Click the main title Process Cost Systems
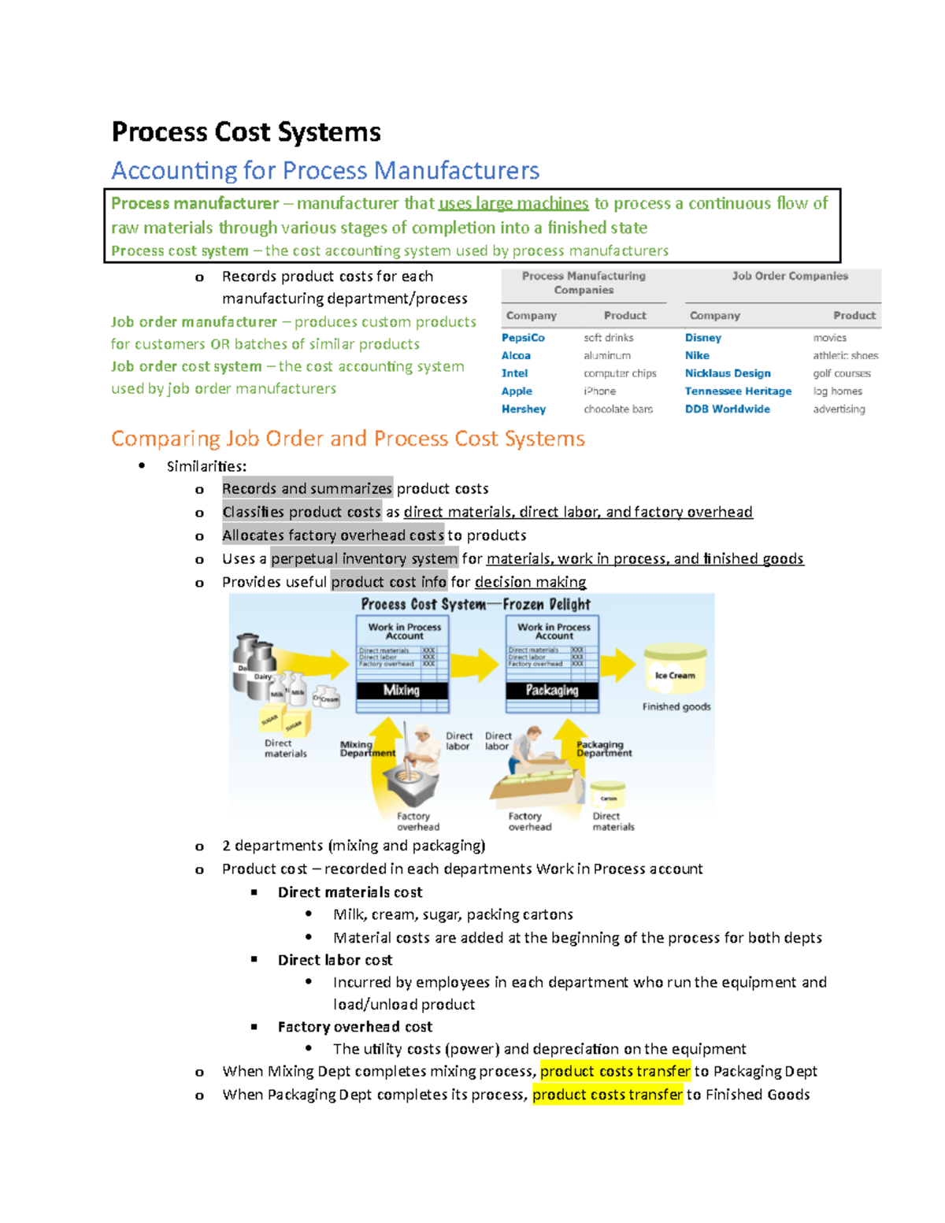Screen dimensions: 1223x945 [x=246, y=132]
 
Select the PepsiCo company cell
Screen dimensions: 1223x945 [x=523, y=338]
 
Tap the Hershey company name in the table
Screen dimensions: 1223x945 [x=524, y=410]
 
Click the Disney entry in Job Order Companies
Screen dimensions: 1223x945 [x=702, y=338]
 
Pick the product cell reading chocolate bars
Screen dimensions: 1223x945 [x=618, y=410]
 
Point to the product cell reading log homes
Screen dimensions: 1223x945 [x=837, y=391]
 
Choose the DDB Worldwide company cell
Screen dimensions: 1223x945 [x=727, y=410]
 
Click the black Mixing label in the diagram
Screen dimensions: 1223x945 [x=402, y=691]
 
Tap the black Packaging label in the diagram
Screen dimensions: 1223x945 [x=551, y=691]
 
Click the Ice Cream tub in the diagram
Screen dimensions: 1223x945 [x=675, y=669]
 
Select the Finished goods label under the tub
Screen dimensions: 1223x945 [x=676, y=707]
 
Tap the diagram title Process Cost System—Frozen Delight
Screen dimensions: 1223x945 [x=475, y=605]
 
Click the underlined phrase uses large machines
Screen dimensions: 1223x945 [x=513, y=204]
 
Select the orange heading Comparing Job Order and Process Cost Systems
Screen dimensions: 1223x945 [x=347, y=439]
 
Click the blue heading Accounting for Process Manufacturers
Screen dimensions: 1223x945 [x=325, y=171]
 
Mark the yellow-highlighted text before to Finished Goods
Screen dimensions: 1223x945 [x=607, y=1095]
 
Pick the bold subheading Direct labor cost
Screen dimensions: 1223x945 [x=335, y=960]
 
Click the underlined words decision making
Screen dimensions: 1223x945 [x=530, y=582]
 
